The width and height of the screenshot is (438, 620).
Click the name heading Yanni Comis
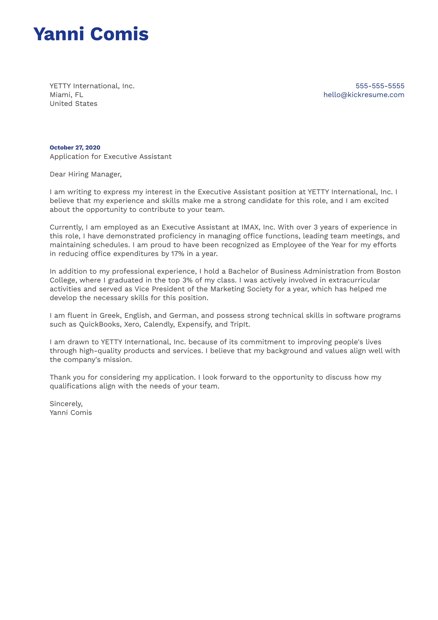[x=91, y=34]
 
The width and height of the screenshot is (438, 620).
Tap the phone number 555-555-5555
[x=380, y=86]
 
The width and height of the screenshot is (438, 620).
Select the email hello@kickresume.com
[x=364, y=95]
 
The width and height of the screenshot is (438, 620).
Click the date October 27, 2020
[x=75, y=148]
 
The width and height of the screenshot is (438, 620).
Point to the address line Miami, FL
[x=66, y=95]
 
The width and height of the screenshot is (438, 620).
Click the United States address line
[x=73, y=104]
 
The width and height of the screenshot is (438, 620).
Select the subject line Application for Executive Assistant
[x=110, y=156]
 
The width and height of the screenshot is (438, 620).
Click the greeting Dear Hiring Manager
[x=85, y=174]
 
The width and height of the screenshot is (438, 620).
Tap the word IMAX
[x=250, y=227]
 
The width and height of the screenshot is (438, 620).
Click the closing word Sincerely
[x=66, y=404]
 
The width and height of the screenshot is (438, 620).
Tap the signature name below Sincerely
[x=71, y=413]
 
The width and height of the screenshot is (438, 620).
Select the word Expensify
[x=195, y=324]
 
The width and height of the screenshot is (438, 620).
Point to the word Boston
[x=388, y=271]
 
